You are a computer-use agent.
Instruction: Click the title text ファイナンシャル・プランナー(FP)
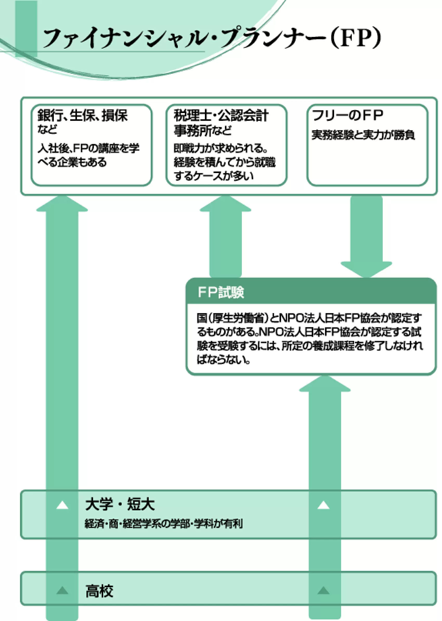[x=212, y=38]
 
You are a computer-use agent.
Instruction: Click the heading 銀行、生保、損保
[x=82, y=115]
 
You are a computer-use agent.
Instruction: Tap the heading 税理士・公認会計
[x=221, y=115]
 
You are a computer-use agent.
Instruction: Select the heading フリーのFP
[x=348, y=115]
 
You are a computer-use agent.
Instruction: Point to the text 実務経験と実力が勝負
[x=363, y=135]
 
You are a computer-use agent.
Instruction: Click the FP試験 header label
[x=221, y=292]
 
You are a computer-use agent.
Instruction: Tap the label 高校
[x=99, y=591]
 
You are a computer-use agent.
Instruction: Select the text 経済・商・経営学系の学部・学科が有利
[x=164, y=524]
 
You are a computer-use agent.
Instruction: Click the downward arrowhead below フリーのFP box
[x=366, y=269]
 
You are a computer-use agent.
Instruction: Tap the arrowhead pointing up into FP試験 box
[x=325, y=384]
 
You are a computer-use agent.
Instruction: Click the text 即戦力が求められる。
[x=220, y=148]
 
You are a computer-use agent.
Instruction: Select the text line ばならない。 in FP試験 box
[x=223, y=360]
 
